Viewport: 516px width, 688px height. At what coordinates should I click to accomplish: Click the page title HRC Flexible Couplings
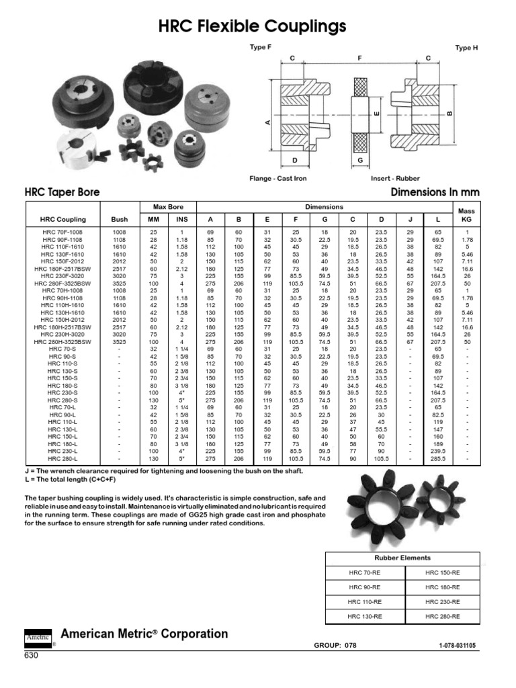[252, 26]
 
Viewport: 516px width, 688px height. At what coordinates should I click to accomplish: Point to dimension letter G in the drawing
[360, 161]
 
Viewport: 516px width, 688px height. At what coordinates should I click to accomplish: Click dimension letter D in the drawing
[294, 161]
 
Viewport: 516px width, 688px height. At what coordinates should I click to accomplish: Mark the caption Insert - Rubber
[395, 179]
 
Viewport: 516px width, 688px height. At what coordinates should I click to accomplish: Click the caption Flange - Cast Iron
[277, 179]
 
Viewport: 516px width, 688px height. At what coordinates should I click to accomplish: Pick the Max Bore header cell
[168, 207]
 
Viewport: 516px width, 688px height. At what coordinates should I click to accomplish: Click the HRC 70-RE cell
[364, 572]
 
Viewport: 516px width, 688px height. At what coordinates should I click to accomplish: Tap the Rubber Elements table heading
[402, 558]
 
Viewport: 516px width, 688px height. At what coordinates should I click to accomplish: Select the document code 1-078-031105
[457, 645]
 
